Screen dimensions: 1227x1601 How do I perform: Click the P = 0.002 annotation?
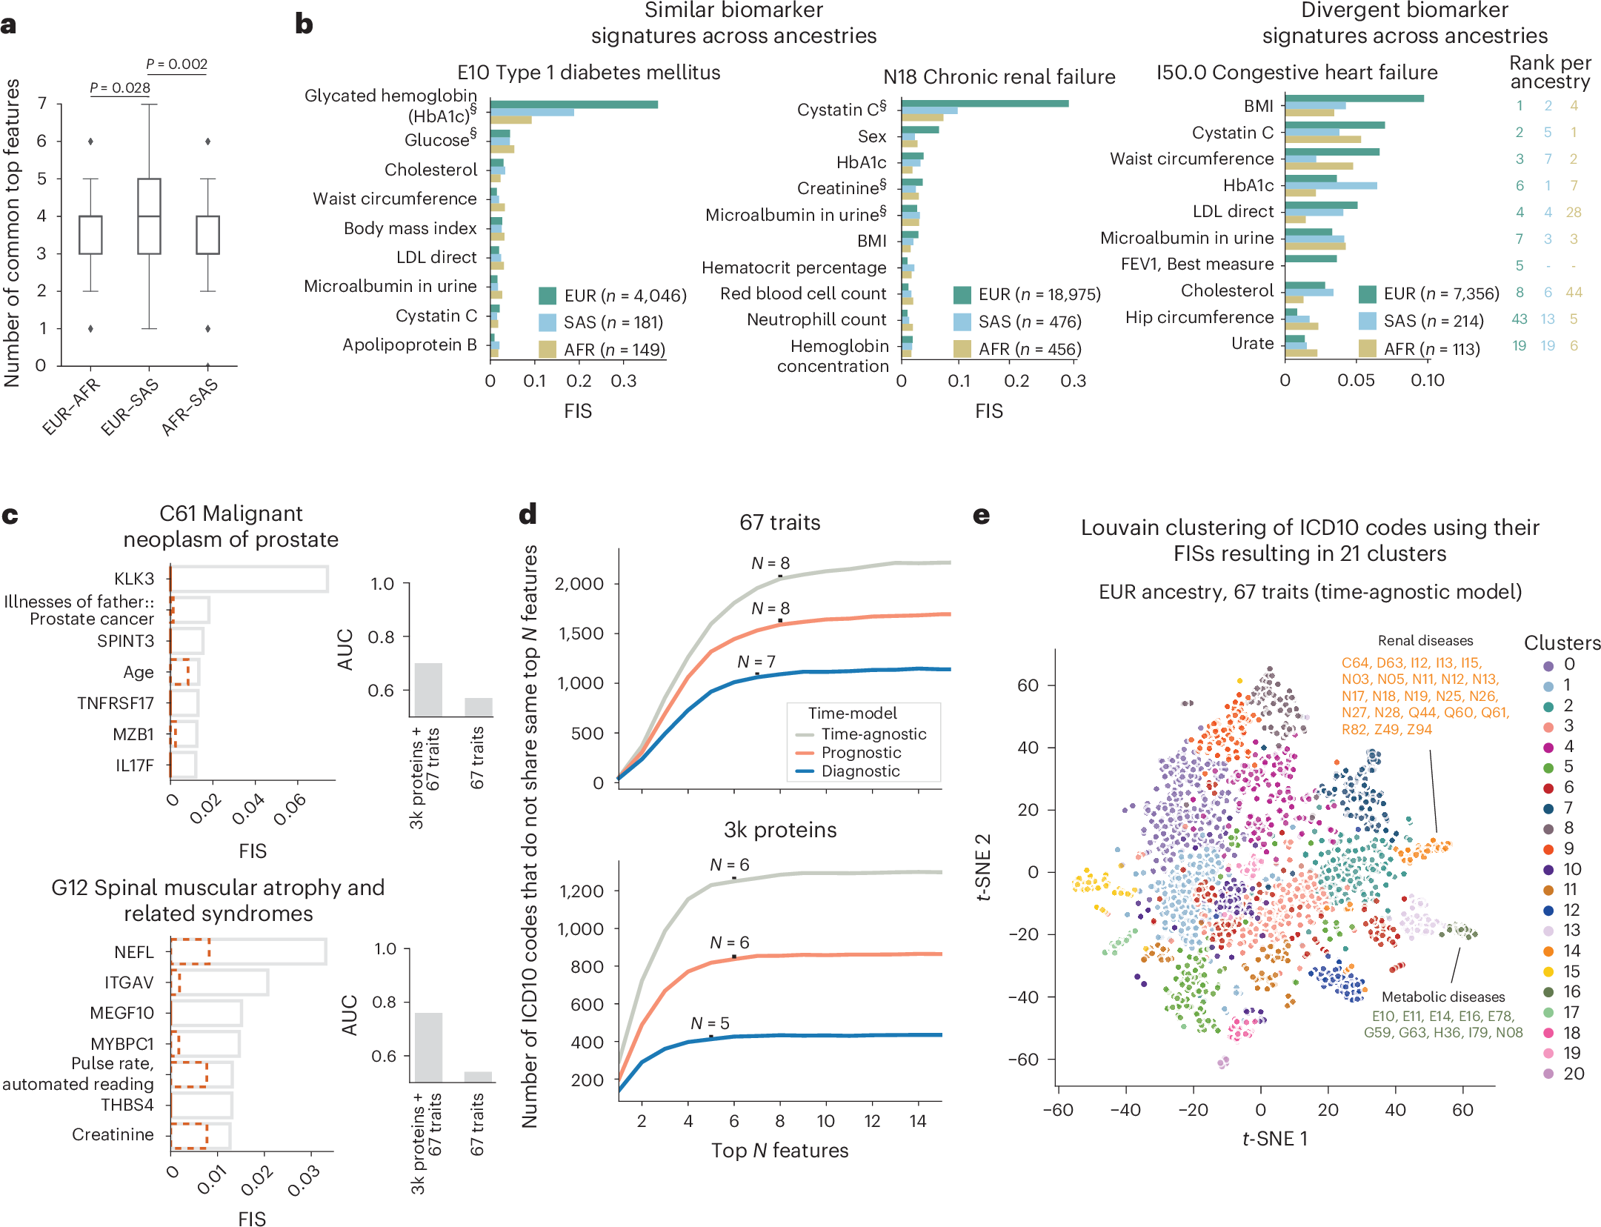[x=176, y=64]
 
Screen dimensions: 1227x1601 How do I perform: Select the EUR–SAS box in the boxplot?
[x=149, y=216]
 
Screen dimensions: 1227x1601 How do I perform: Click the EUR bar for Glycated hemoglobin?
[x=574, y=104]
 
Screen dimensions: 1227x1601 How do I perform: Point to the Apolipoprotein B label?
[x=409, y=345]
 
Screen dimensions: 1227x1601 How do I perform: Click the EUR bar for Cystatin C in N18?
[x=985, y=103]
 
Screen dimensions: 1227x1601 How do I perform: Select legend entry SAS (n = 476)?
[x=1028, y=322]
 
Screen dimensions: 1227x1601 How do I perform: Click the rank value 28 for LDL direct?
[x=1573, y=213]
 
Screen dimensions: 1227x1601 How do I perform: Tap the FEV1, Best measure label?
[x=1196, y=265]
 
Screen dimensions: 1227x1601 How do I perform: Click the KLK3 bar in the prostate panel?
[x=250, y=579]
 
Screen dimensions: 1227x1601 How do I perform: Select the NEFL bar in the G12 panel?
[x=249, y=951]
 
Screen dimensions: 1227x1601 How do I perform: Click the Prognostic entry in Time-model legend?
[x=860, y=753]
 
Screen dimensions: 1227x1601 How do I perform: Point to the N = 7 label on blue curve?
[x=756, y=662]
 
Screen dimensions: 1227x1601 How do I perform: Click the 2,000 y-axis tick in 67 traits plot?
[x=579, y=584]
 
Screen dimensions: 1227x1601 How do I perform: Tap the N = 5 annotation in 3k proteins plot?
[x=710, y=1023]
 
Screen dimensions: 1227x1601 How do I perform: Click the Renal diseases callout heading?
[x=1425, y=641]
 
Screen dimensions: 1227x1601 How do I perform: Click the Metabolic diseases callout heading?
[x=1442, y=997]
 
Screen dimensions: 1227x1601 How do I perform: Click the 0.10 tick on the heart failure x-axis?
[x=1427, y=381]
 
